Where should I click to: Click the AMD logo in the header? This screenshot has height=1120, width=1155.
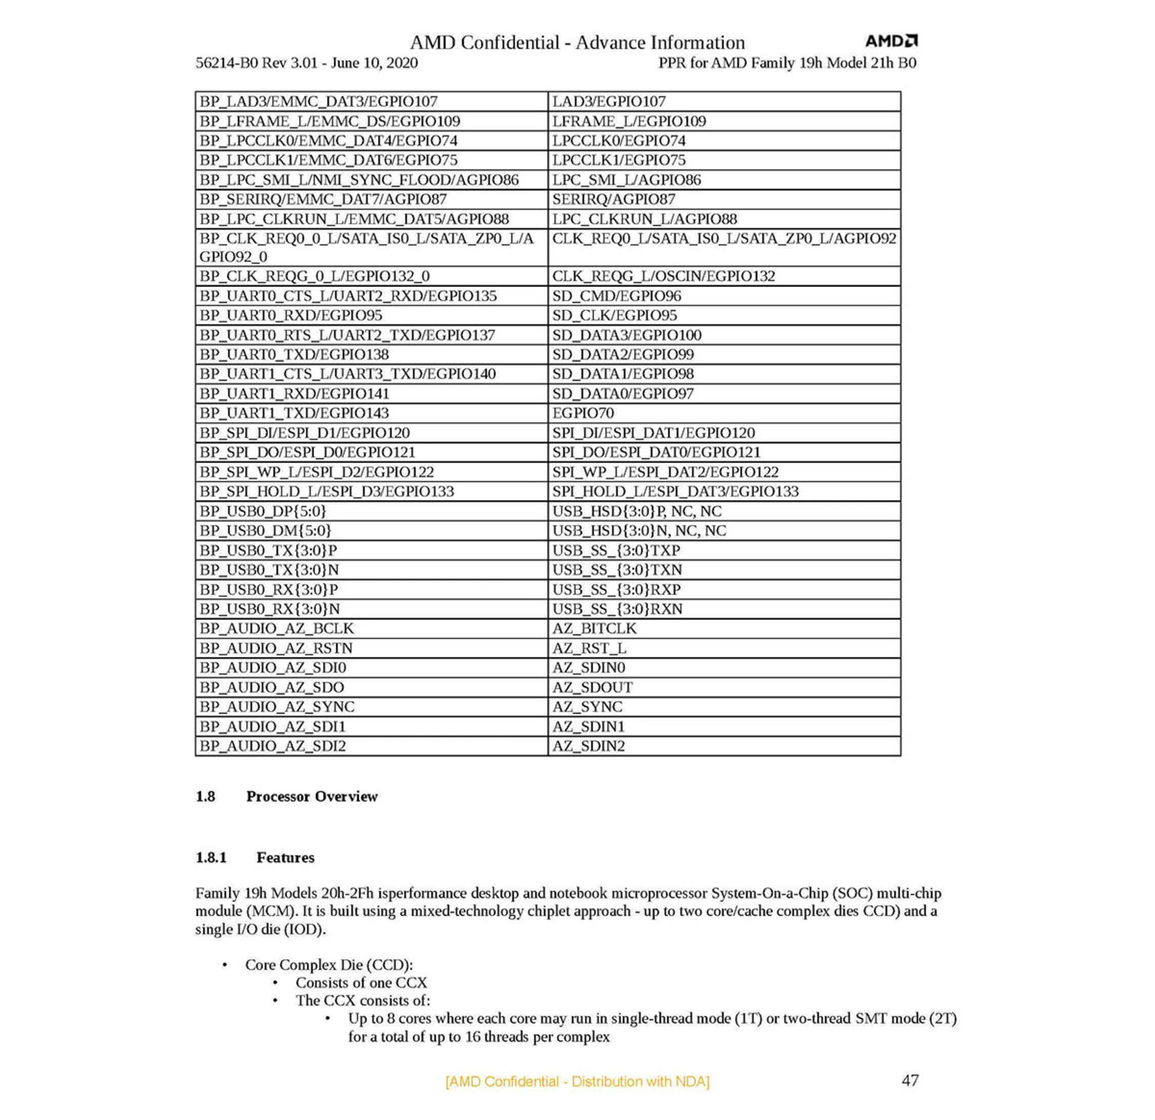(891, 41)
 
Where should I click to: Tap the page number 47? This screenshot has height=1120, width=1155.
(910, 1080)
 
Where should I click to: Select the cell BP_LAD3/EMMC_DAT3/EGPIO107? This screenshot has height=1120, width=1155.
(318, 102)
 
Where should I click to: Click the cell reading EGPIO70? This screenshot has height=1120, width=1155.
(583, 413)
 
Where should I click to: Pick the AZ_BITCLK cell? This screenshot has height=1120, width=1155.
(594, 628)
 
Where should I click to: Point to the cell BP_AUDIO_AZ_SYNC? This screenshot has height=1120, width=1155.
(277, 706)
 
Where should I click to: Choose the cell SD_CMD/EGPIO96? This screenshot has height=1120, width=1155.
(617, 296)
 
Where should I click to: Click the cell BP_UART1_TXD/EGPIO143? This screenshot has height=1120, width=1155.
(294, 413)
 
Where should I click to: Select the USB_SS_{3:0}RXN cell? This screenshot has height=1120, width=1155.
(617, 609)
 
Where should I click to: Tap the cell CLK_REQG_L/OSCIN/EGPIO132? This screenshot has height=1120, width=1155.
(664, 276)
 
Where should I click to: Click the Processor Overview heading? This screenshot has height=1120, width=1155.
(312, 796)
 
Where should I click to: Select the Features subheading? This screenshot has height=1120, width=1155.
(285, 857)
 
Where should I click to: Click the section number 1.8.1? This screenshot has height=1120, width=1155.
(211, 857)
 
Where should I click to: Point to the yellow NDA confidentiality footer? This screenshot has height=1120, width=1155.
(577, 1082)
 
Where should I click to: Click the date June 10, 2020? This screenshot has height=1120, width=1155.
(374, 63)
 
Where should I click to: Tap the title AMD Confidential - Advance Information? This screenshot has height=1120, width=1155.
(577, 43)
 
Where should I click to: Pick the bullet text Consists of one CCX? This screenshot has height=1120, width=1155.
(361, 982)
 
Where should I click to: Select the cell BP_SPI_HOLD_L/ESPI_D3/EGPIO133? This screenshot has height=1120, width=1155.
(327, 491)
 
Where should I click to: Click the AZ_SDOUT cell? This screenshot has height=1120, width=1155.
(593, 687)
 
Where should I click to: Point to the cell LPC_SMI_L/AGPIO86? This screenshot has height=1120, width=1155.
(626, 180)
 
